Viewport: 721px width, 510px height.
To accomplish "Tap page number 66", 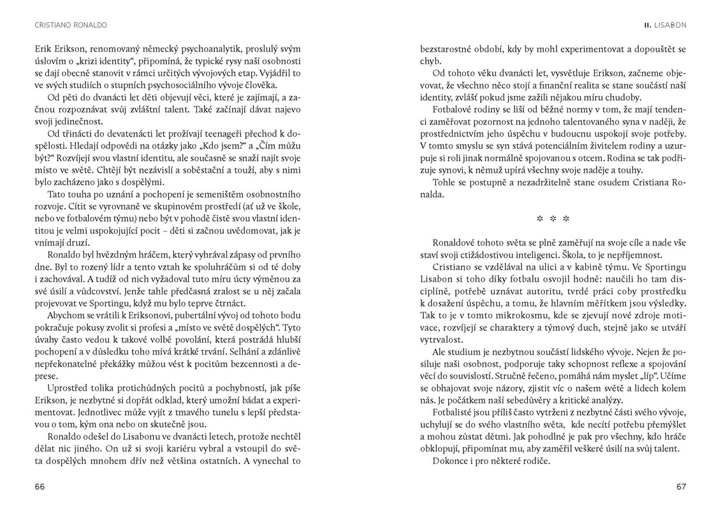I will coord(40,486).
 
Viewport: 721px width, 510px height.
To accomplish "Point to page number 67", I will coord(681,486).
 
